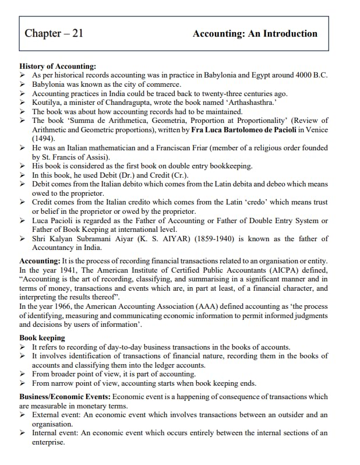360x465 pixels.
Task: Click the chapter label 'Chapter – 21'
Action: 54,33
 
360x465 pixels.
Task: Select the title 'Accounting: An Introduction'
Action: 255,34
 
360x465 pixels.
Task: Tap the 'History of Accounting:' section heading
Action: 58,67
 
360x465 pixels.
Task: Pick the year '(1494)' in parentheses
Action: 44,139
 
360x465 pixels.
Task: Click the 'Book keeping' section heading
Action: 42,338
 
